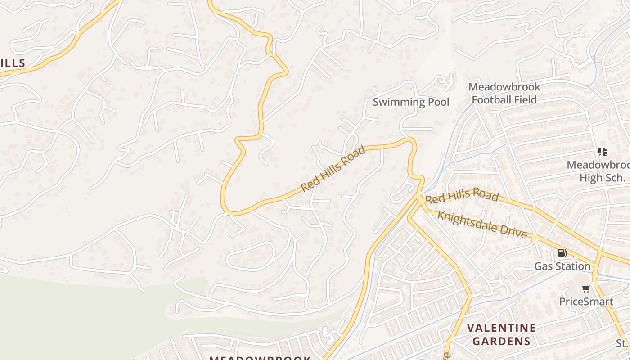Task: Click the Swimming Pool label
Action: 411,102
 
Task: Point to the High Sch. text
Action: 602,178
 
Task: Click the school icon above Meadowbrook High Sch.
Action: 602,152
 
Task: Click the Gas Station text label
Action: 562,266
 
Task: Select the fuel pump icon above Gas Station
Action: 562,253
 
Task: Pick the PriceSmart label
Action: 586,301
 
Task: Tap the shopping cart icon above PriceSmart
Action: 586,288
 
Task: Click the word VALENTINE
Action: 501,328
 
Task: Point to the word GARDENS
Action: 501,341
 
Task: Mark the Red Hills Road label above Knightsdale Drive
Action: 462,196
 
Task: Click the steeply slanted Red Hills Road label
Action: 333,168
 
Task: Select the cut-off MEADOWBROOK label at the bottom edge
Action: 260,358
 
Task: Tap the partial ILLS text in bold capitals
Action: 12,63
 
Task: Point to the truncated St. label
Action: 622,343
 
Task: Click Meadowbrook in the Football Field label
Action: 504,87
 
